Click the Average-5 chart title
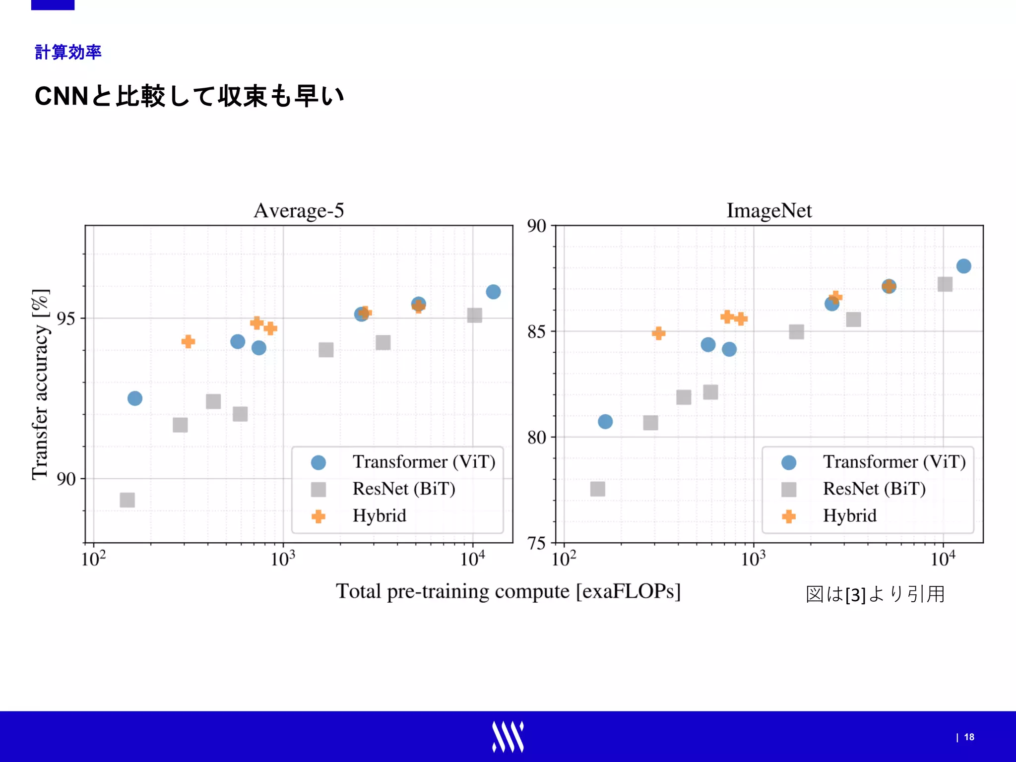(x=299, y=211)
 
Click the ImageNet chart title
(x=769, y=211)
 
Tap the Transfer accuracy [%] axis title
(x=41, y=384)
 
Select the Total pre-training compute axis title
(x=508, y=591)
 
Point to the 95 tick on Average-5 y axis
(x=66, y=318)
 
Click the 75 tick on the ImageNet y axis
(x=536, y=543)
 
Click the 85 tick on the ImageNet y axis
(x=536, y=331)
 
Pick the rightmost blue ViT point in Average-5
(x=493, y=292)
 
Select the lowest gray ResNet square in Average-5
(x=127, y=500)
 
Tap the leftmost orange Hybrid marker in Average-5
(x=188, y=341)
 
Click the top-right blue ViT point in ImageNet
(x=963, y=266)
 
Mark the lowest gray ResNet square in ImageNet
(x=597, y=489)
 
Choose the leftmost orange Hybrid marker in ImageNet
(x=658, y=333)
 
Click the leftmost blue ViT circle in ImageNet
(x=605, y=422)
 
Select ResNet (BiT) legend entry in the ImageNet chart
(x=874, y=489)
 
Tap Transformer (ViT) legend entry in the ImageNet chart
(x=894, y=462)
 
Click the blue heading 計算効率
(x=68, y=52)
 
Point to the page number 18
(x=969, y=737)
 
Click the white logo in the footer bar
(x=508, y=737)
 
